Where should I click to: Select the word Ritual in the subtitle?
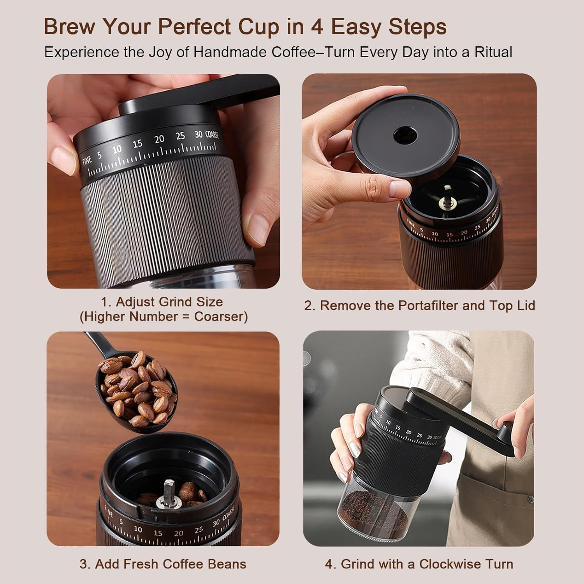(x=493, y=52)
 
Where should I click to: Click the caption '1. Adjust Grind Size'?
(x=162, y=302)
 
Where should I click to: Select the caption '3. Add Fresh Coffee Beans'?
(x=163, y=564)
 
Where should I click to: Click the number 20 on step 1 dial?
(x=159, y=139)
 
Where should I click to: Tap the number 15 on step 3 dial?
(x=157, y=533)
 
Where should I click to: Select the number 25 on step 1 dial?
(x=180, y=136)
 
